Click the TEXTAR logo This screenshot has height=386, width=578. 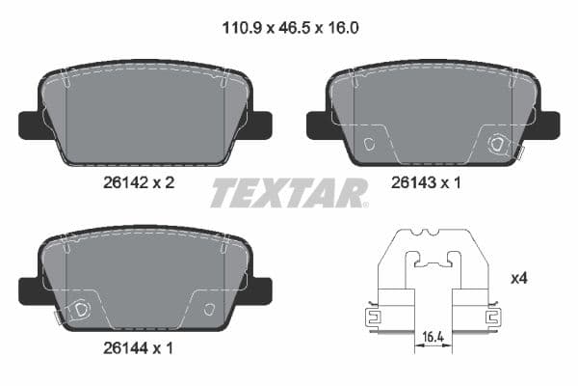288,193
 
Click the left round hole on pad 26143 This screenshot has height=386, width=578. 370,145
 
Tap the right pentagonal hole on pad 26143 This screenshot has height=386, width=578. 498,145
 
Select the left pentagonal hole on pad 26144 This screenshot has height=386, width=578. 81,310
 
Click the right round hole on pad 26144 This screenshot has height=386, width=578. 209,310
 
